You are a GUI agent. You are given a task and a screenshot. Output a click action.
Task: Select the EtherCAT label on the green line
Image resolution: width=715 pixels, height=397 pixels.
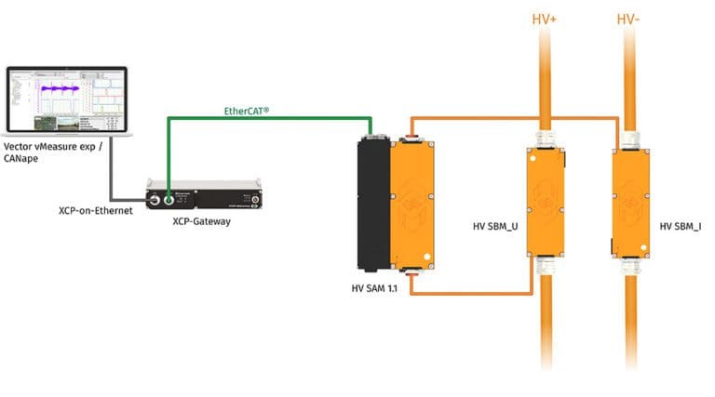coord(247,112)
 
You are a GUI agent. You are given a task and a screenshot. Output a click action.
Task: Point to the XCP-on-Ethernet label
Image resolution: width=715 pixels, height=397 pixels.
coord(96,211)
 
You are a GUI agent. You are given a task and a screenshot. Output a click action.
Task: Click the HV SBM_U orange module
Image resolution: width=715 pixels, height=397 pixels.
coord(544,200)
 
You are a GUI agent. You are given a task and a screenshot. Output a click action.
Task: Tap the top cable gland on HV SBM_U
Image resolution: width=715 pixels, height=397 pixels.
coord(544,139)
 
